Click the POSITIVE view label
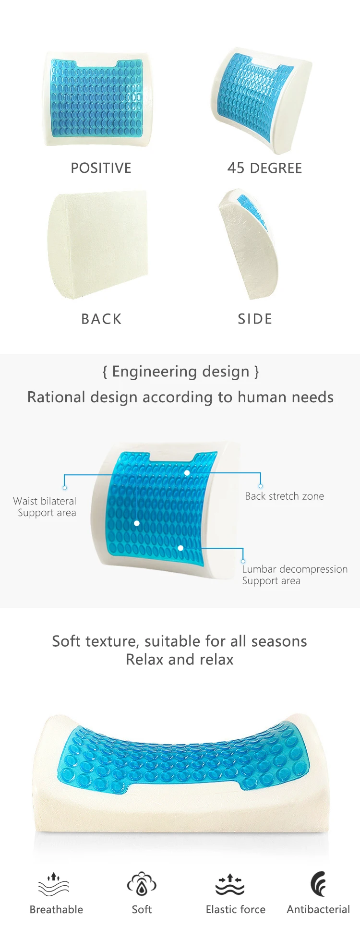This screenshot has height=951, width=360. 101,168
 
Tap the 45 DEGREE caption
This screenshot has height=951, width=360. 264,168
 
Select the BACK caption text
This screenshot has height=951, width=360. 101,319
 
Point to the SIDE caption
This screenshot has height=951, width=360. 255,319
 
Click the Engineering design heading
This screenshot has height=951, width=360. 180,372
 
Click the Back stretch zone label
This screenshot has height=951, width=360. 285,496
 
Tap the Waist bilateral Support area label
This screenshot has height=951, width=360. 45,507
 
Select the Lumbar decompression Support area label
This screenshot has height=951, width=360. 295,575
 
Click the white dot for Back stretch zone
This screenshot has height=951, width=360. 187,473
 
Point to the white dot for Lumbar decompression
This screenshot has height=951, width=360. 180,548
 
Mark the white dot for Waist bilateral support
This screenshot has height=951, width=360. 137,523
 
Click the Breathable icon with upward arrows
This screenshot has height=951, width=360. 54,884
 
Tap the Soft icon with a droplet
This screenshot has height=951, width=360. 142,884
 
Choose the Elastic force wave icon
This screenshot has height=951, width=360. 230,884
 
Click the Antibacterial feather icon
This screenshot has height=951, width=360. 318,884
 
